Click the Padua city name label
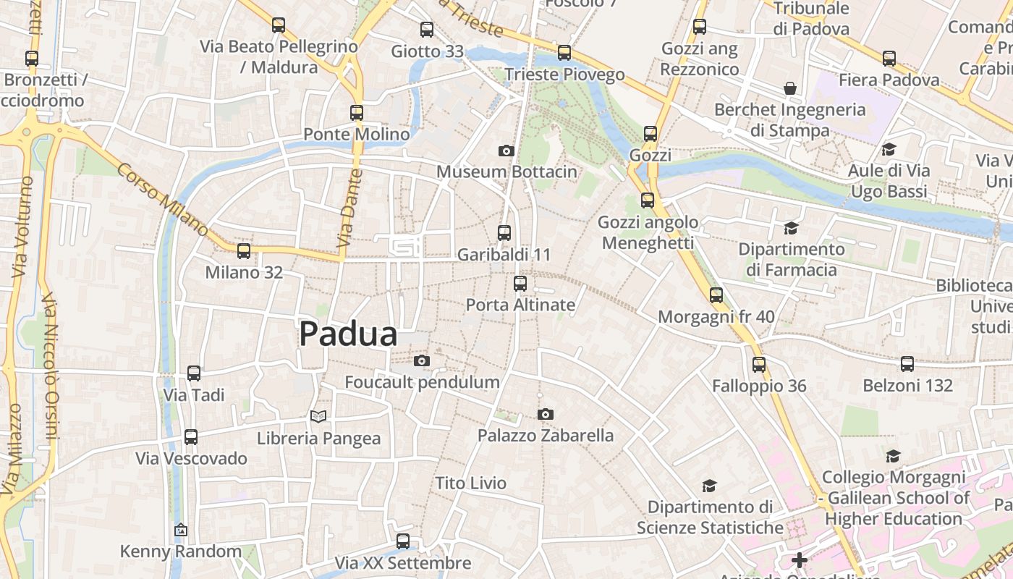(348, 334)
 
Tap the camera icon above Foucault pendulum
(422, 360)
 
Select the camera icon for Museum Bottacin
(506, 151)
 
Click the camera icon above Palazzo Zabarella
(546, 414)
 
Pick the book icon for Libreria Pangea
(318, 416)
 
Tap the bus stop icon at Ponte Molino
(357, 113)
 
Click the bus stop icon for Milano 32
(244, 251)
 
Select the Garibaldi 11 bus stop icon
(504, 233)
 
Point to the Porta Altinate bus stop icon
(520, 284)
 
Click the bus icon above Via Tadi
(194, 373)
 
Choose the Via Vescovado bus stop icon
(191, 437)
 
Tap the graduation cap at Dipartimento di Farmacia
(791, 228)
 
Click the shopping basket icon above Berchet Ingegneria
(790, 88)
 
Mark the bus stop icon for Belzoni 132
(907, 364)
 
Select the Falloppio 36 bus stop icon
(759, 365)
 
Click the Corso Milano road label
(163, 199)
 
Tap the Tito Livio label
(471, 483)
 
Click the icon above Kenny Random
(181, 531)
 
